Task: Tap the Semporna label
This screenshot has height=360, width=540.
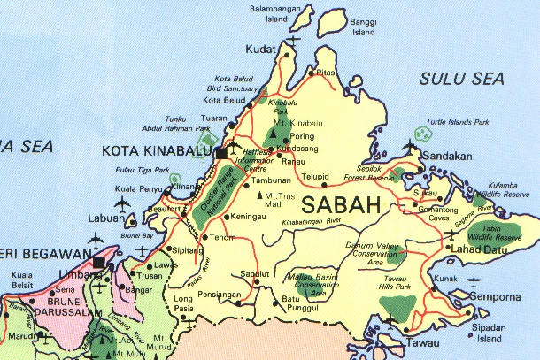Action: (x=500, y=297)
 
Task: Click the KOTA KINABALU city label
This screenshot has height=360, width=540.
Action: (x=154, y=150)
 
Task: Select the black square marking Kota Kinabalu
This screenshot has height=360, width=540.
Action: (x=220, y=153)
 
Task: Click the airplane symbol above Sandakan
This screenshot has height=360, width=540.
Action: (x=410, y=145)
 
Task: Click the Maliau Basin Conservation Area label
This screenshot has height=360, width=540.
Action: (x=314, y=284)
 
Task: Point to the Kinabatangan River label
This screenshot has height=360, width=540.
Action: (x=311, y=222)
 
